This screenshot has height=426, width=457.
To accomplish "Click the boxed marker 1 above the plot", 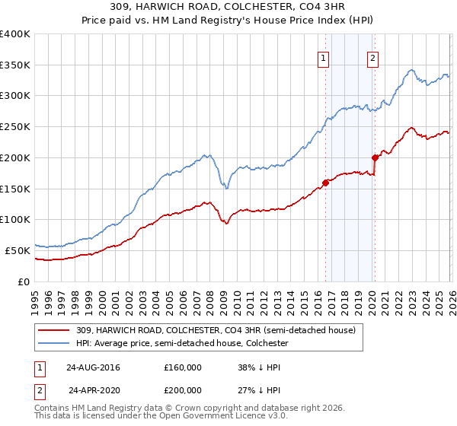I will [x=323, y=58].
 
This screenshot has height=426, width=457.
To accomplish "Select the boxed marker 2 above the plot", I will [x=372, y=58].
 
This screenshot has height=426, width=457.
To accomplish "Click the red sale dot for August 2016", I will [x=325, y=183].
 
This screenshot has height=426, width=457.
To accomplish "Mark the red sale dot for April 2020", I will [x=375, y=158].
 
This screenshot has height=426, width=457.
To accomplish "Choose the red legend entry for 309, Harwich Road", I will [x=216, y=330].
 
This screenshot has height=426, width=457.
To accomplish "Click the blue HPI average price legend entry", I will [x=182, y=344].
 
